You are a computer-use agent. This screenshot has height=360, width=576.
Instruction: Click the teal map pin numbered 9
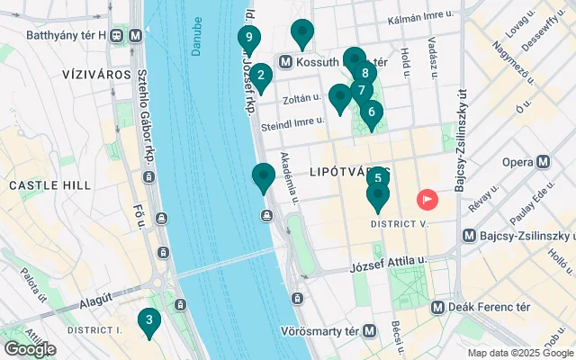248,39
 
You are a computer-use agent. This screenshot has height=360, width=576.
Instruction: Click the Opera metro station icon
543,163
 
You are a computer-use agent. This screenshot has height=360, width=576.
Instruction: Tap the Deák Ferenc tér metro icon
437,307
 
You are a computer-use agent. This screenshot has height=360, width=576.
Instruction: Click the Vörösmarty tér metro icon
370,330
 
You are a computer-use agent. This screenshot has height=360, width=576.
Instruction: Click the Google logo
31,348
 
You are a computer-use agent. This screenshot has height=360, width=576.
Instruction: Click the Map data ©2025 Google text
519,353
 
